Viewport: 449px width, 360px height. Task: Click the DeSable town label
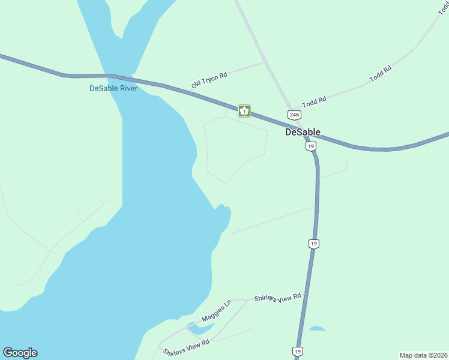[x=303, y=132]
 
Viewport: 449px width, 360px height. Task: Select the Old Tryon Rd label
[x=209, y=80]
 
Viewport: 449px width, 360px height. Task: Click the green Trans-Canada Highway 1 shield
[x=244, y=111]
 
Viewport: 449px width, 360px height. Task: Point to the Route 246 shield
[x=294, y=115]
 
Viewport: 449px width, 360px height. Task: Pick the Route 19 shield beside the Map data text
[x=298, y=351]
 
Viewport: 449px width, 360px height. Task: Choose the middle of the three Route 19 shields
[x=313, y=243]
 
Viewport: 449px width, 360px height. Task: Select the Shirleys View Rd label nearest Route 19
[x=277, y=298]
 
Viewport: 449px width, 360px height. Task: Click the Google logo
[x=20, y=353]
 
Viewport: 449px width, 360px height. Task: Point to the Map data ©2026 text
[x=423, y=355]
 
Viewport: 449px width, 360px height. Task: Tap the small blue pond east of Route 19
[x=318, y=329]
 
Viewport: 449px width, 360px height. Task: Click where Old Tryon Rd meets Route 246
[x=265, y=62]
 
